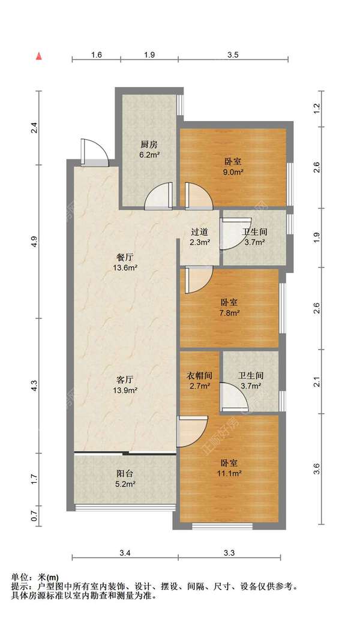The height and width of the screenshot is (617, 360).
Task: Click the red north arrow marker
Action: click(39, 56)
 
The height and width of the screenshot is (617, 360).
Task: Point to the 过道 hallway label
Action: click(199, 232)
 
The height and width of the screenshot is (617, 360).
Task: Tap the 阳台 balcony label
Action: click(125, 474)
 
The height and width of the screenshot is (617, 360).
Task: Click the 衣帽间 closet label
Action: click(199, 376)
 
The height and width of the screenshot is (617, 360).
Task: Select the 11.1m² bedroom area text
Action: click(229, 473)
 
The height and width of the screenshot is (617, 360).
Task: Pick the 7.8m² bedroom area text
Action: click(229, 313)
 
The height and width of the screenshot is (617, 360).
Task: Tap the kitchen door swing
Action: click(158, 195)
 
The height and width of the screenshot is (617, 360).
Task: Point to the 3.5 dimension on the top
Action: click(233, 55)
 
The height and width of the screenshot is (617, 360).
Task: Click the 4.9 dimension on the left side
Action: click(35, 241)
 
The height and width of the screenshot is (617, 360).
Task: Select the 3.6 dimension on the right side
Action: click(317, 469)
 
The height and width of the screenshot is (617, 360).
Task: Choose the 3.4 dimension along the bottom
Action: click(125, 553)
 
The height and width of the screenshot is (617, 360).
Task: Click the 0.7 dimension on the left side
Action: click(35, 516)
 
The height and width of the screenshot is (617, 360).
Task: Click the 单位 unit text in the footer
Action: click(19, 577)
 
